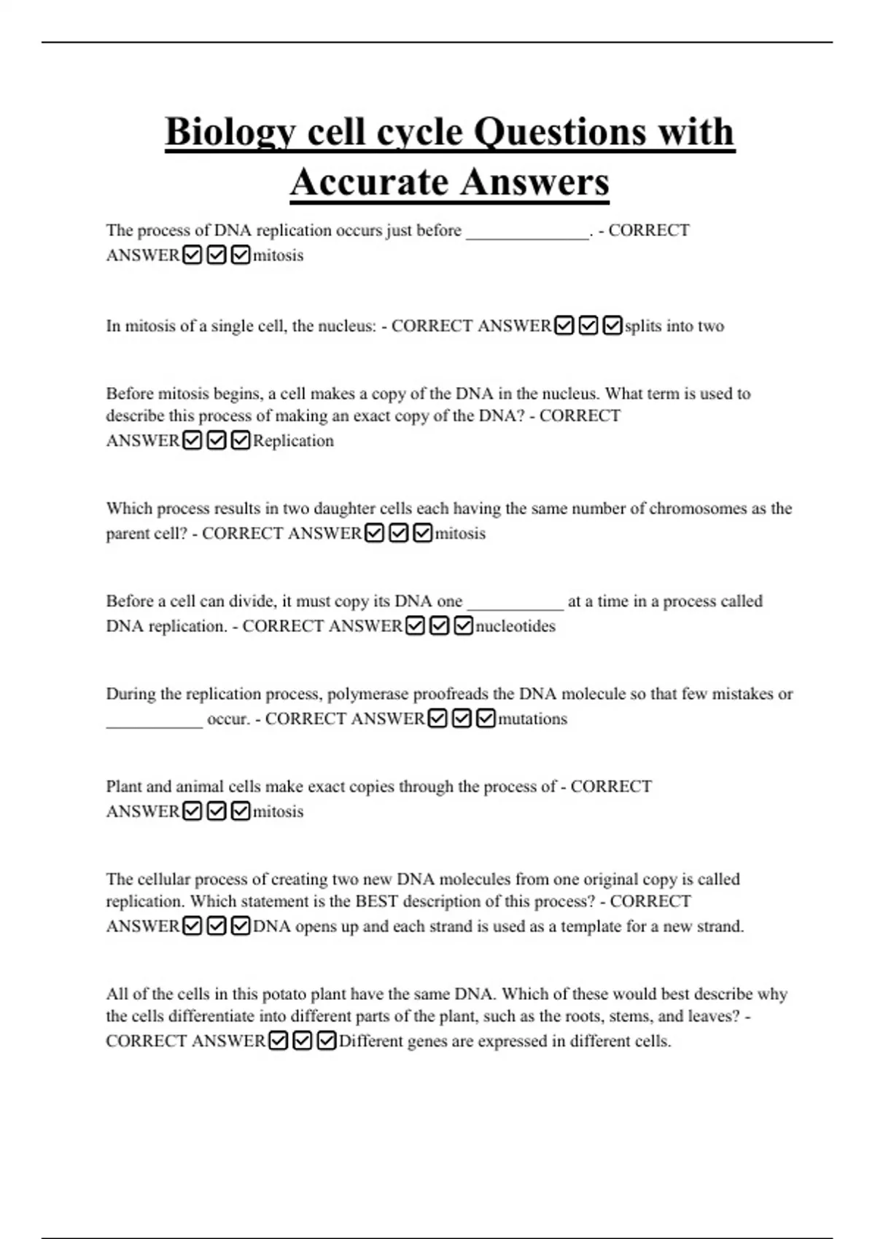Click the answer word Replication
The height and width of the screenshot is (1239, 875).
(x=293, y=441)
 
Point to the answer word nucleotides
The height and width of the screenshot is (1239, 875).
(x=515, y=626)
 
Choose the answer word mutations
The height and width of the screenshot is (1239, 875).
(x=532, y=719)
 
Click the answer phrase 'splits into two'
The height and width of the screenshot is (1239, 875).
(x=674, y=326)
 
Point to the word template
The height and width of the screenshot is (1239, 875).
(x=594, y=926)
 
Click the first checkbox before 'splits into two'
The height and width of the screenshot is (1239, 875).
(x=564, y=326)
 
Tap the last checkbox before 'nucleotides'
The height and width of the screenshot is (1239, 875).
(x=463, y=626)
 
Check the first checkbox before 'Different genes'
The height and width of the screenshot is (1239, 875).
(x=278, y=1041)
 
